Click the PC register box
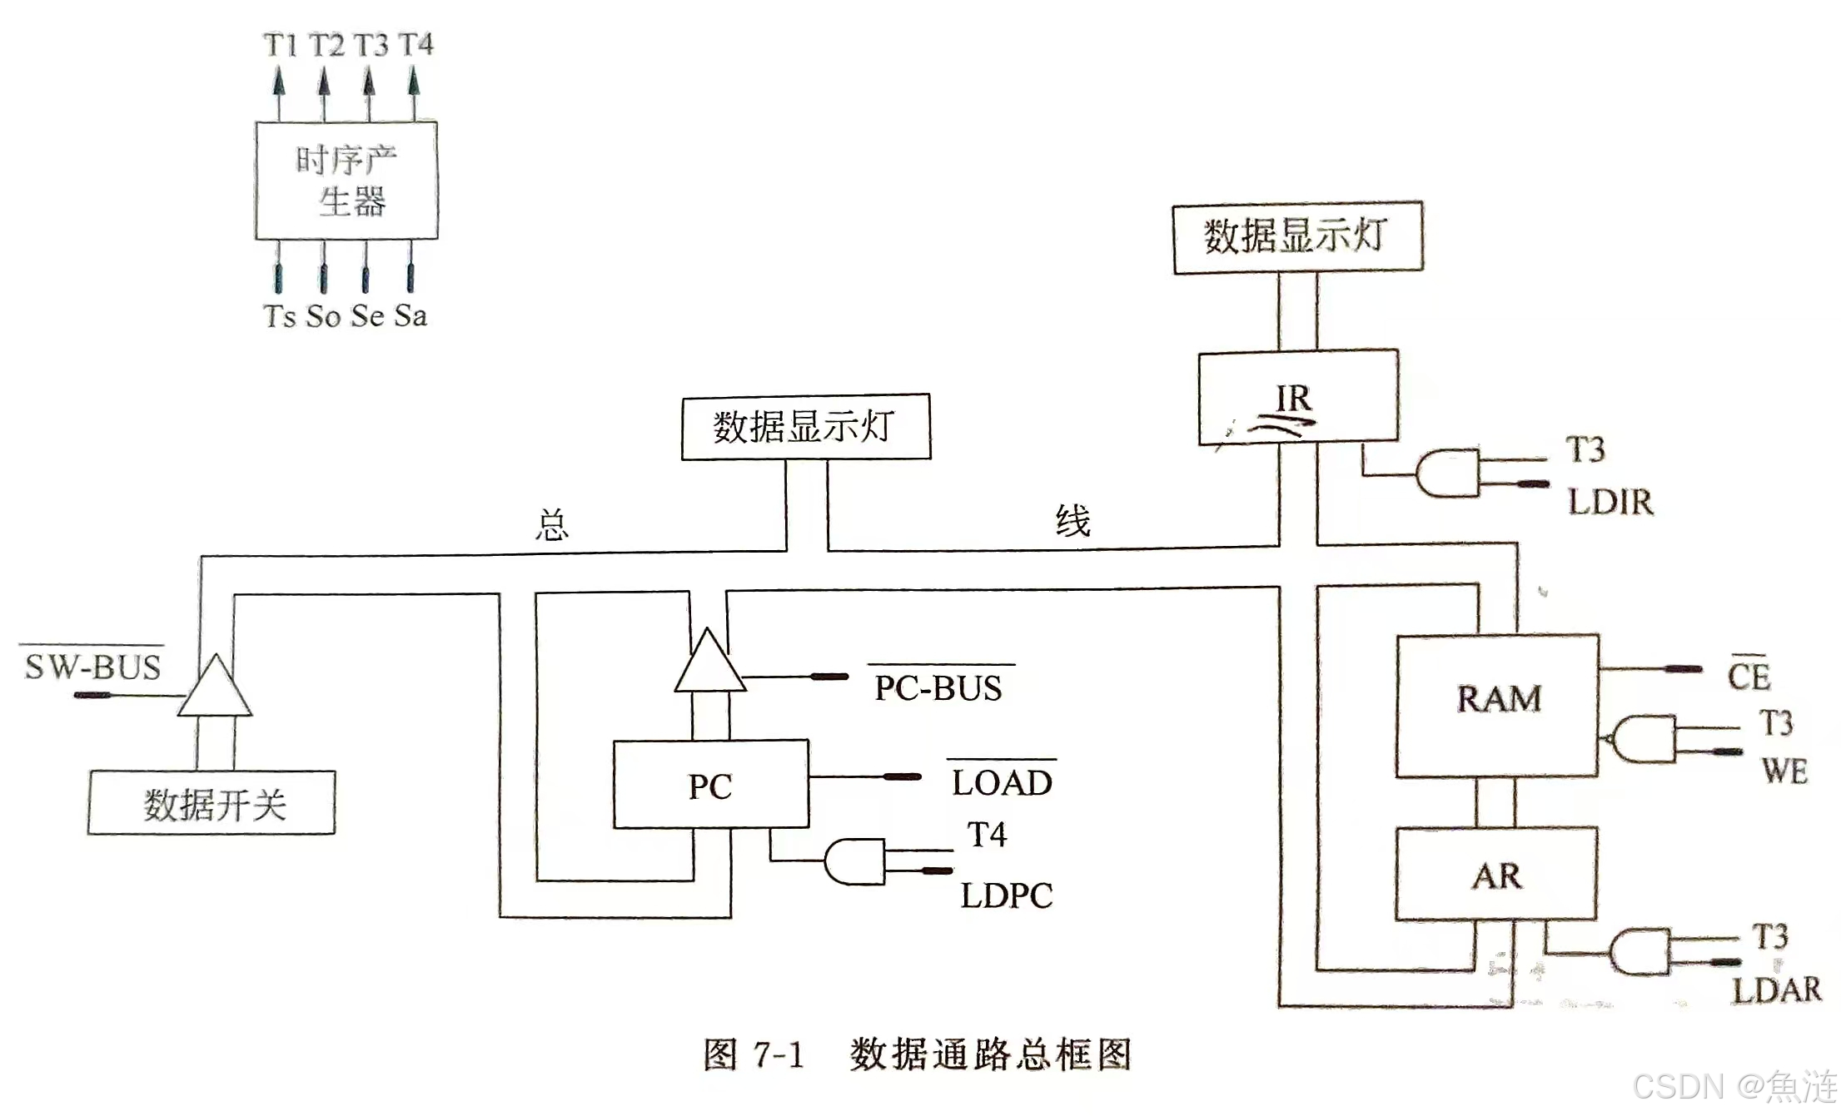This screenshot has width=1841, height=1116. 710,784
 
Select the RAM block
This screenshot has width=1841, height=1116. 1497,706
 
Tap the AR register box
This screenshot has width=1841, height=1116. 1496,874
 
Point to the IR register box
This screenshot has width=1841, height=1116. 1297,397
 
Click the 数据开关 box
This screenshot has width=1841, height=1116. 212,803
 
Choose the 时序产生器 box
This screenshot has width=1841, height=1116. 346,181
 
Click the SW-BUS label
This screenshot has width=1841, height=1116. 92,667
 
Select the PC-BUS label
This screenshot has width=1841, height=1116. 938,688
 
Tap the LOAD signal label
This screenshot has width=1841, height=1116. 1002,782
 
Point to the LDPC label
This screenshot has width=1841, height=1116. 1006,895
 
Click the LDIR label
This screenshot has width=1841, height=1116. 1610,502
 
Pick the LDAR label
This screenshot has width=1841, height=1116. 1777,990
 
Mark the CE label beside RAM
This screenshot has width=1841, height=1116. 1748,676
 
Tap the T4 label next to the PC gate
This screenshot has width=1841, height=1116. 987,834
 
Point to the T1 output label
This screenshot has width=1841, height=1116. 280,45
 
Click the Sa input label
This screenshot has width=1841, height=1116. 410,315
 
